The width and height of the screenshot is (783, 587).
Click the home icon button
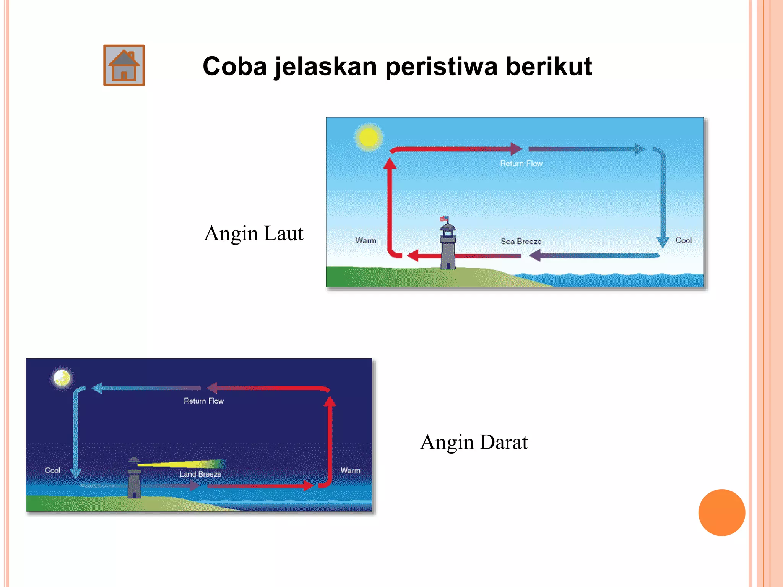(x=124, y=65)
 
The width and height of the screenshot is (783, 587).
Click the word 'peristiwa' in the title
(x=442, y=66)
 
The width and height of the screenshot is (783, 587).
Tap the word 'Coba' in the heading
(x=234, y=66)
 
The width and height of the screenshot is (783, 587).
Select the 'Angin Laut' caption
(x=253, y=234)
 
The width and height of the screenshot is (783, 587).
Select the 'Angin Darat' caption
(x=474, y=442)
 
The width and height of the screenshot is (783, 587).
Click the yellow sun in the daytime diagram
(x=369, y=137)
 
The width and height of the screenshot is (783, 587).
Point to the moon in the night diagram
(x=62, y=378)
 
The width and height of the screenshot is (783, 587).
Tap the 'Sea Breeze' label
(x=521, y=242)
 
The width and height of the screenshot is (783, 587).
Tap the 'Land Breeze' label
(x=200, y=474)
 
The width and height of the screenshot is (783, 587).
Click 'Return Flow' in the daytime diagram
(x=521, y=164)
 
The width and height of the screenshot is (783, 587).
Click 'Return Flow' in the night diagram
(x=203, y=401)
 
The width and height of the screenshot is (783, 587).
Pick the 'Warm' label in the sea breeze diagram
(x=366, y=240)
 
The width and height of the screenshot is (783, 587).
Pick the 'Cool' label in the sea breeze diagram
(x=683, y=240)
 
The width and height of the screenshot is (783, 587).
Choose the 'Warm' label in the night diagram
(x=350, y=470)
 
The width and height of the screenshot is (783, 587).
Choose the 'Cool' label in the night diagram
(x=52, y=470)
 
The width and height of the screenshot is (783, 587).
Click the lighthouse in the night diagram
(x=134, y=480)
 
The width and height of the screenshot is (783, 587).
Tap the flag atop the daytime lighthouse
(x=444, y=219)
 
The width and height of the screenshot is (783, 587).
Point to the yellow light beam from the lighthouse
(x=184, y=464)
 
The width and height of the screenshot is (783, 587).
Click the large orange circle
(x=721, y=512)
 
